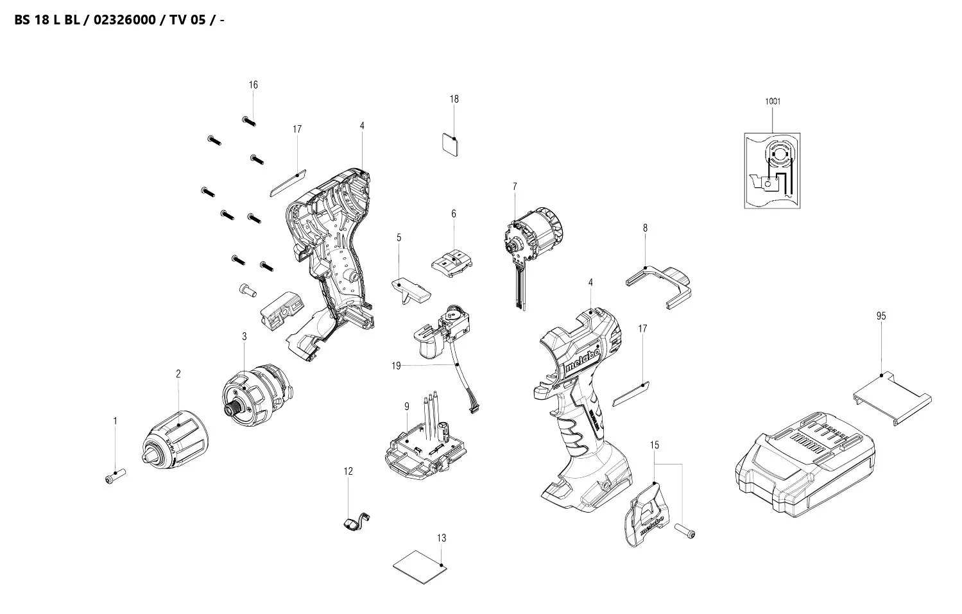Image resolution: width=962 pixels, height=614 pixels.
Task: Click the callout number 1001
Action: coord(773,101)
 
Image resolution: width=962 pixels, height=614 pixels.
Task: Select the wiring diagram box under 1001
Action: coord(772,171)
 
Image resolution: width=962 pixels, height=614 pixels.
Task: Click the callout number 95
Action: coord(880,316)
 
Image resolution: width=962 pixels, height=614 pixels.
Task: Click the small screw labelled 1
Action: coord(114,477)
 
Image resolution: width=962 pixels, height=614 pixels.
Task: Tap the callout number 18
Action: coord(454,99)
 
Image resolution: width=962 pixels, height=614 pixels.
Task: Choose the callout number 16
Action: coord(253,85)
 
